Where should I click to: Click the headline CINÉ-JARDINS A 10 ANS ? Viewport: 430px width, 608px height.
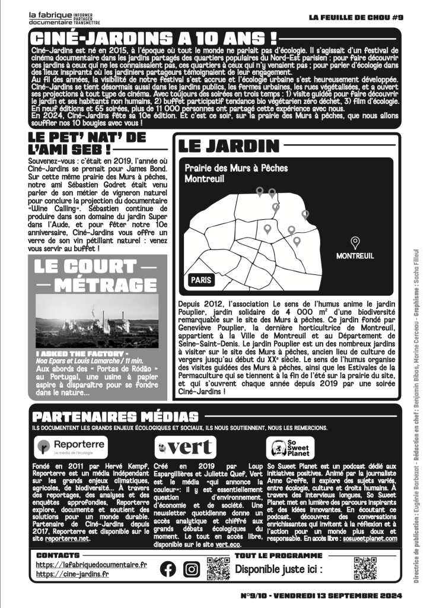coord(154,38)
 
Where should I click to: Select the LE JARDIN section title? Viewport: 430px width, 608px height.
coord(228,146)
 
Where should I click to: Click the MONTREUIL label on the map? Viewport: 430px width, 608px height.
coord(355,256)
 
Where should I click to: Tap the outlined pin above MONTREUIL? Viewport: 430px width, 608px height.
coord(355,242)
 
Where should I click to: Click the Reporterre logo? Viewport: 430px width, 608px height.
coord(71,445)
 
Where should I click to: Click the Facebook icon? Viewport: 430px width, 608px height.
coord(168,569)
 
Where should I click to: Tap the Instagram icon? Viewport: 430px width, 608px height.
coord(191,569)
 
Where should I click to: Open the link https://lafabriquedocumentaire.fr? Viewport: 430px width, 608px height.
coord(91,565)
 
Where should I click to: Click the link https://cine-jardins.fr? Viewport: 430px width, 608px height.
coord(72,574)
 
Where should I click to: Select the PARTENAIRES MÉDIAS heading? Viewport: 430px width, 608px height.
coord(116,417)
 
